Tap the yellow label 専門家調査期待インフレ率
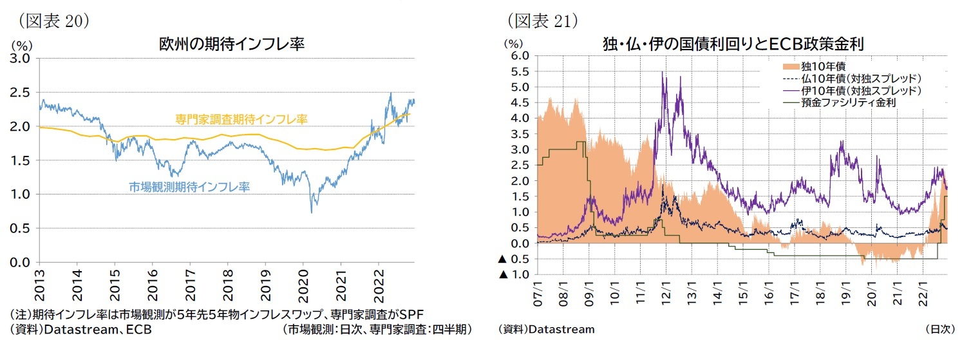point(241,119)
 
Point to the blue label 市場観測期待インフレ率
point(189,187)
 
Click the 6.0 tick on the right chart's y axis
point(520,56)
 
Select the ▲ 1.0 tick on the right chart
point(514,275)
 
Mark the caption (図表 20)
point(53,20)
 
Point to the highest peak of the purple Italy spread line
point(663,72)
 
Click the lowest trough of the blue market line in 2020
point(312,212)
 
